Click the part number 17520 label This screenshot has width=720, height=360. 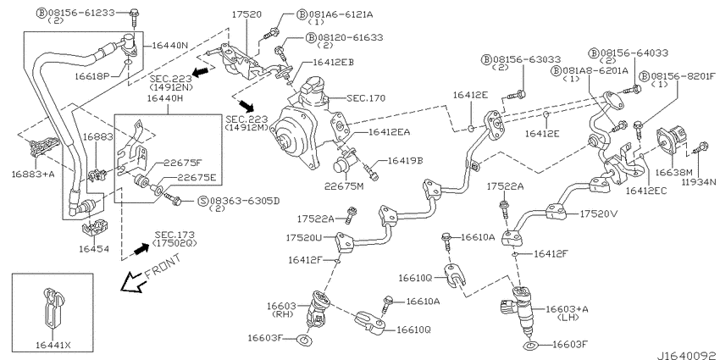[246, 14]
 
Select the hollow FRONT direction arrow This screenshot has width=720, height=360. [133, 281]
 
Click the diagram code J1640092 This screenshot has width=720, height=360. [687, 355]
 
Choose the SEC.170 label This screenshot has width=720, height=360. [366, 97]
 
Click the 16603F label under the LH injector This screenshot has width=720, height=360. [570, 344]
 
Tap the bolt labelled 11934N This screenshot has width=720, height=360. [701, 148]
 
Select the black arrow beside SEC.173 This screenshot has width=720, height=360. [142, 249]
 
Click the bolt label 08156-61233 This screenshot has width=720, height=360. [81, 13]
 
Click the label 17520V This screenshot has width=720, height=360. [596, 213]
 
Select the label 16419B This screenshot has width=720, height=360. [406, 160]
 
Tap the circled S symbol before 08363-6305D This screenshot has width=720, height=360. [202, 201]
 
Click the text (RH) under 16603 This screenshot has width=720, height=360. [280, 314]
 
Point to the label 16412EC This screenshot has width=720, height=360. [646, 190]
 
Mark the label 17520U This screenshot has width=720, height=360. [303, 237]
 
